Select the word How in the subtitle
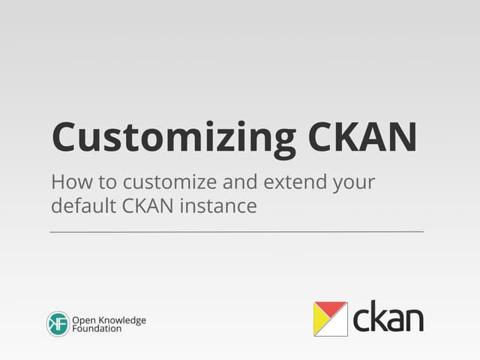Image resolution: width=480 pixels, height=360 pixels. [x=69, y=182]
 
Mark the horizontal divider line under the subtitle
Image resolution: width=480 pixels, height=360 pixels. [x=236, y=232]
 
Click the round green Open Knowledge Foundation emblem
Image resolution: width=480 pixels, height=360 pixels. [x=58, y=324]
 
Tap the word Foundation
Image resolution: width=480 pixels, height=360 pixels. [x=97, y=328]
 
